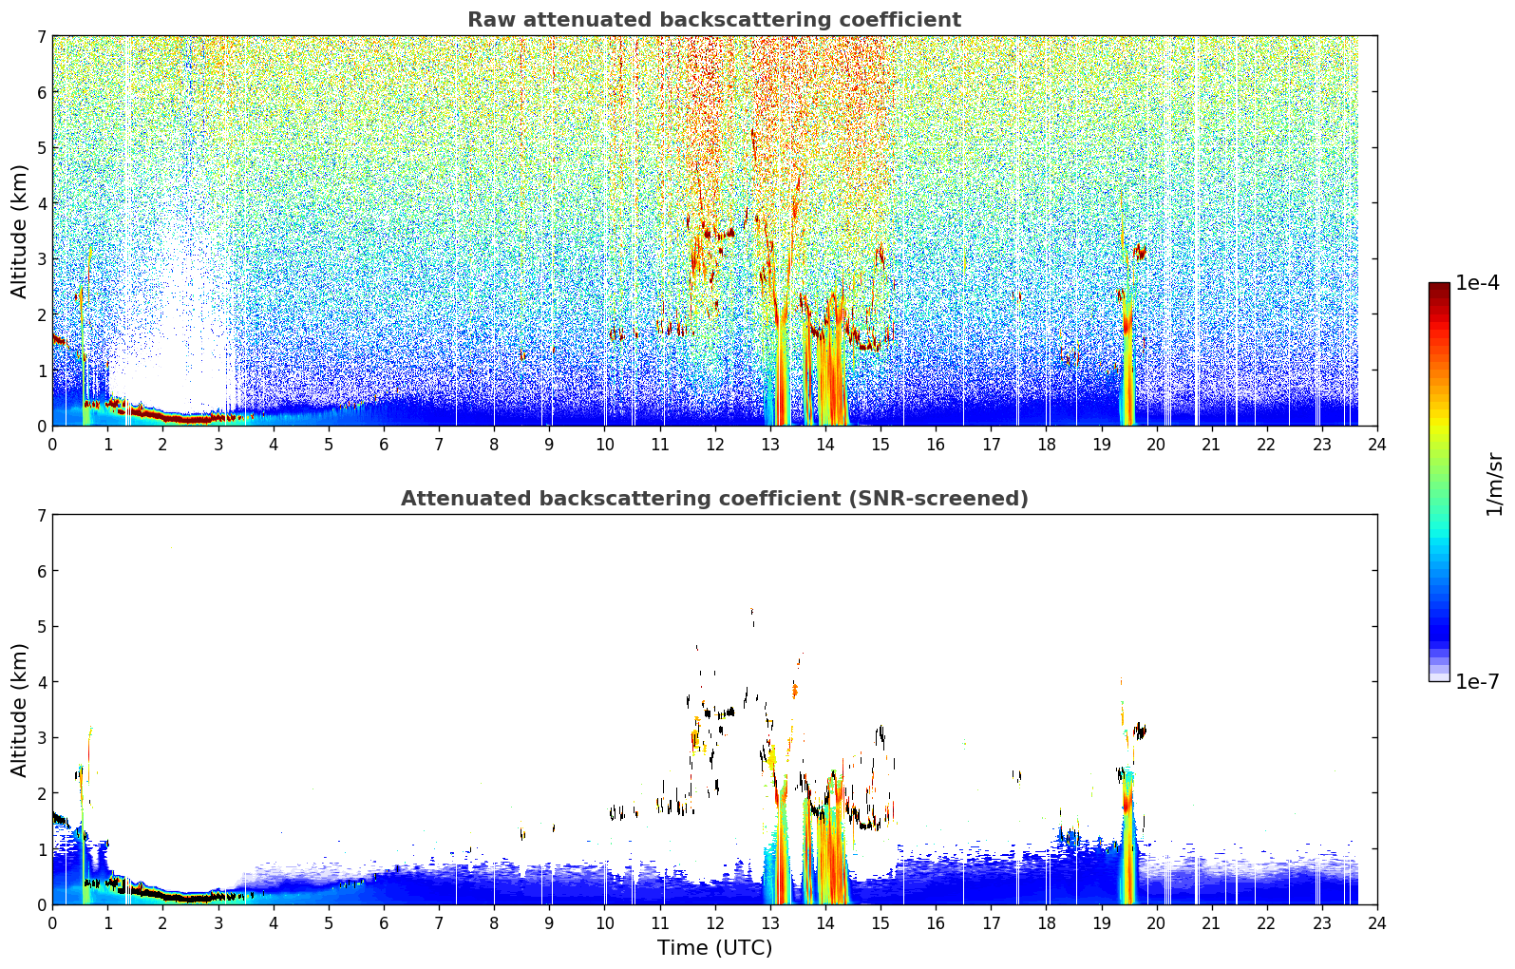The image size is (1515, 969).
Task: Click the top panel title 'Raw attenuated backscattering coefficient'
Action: (714, 20)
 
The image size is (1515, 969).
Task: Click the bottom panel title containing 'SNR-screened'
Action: (714, 499)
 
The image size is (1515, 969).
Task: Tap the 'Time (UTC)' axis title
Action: (714, 948)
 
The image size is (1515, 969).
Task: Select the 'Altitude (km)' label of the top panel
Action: (19, 232)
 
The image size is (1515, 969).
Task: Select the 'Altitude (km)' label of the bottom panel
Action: (19, 711)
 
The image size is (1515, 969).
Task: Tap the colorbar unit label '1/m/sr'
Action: (1494, 484)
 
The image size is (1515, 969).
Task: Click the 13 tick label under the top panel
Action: (769, 445)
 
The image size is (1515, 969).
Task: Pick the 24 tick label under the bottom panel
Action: (1377, 923)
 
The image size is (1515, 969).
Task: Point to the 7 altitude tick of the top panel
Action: (42, 36)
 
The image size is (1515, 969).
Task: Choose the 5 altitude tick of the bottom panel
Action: (42, 627)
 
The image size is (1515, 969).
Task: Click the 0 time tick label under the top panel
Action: (53, 445)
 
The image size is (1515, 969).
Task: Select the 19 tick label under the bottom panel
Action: (1101, 923)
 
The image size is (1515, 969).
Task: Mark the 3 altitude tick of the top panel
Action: (42, 259)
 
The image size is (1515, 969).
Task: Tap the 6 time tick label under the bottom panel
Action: (384, 923)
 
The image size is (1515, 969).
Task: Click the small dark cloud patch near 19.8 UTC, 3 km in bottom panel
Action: (1141, 731)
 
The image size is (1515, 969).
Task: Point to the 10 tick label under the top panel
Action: (605, 445)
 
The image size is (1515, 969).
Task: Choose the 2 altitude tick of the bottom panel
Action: (42, 793)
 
